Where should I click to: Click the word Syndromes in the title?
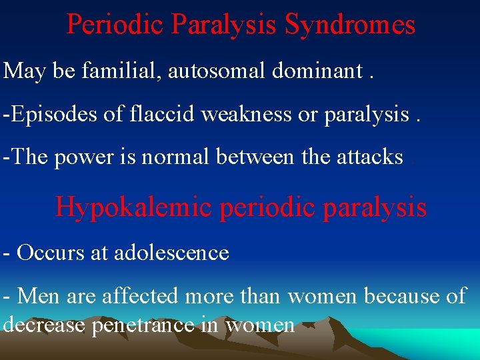pos(349,25)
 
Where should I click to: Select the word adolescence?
pos(171,253)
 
